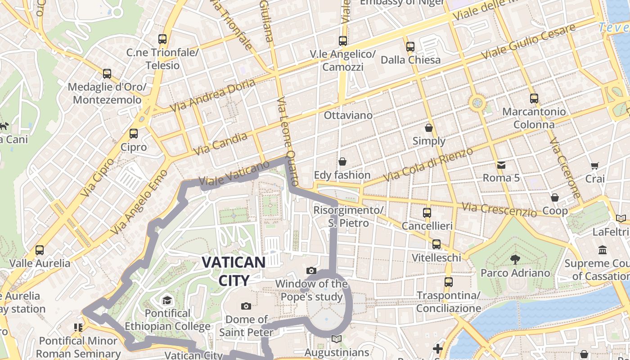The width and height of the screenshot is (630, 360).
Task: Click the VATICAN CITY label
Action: pos(234,271)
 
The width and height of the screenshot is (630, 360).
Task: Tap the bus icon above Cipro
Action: pos(134,133)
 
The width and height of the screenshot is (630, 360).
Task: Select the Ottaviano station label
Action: pos(348,115)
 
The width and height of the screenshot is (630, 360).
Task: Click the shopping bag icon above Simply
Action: pos(429,128)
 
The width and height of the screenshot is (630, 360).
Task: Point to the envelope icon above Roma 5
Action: pos(501,165)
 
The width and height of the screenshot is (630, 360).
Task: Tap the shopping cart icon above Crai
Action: pos(595,166)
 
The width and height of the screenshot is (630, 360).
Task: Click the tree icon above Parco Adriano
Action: pos(515,259)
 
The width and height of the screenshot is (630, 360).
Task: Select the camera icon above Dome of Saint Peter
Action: pos(246,306)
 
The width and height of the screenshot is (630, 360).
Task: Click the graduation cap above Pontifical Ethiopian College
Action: pos(167,300)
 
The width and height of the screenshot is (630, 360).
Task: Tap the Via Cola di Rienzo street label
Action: pos(429,165)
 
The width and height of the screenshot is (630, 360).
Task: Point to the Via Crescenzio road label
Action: pos(499,209)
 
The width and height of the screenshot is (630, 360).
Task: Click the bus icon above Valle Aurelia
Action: pos(40,250)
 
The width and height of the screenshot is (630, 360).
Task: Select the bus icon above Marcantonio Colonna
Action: pos(534,98)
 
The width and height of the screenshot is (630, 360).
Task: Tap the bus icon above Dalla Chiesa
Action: pos(410,46)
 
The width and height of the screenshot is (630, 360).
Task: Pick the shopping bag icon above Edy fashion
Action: pos(342,161)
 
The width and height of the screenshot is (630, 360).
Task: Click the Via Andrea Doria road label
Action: pos(213,95)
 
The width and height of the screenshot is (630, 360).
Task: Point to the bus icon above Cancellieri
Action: pos(427,212)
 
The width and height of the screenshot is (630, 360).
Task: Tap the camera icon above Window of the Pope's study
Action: pos(311,270)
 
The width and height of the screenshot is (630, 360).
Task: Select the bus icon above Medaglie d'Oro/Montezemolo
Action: pos(107,73)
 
